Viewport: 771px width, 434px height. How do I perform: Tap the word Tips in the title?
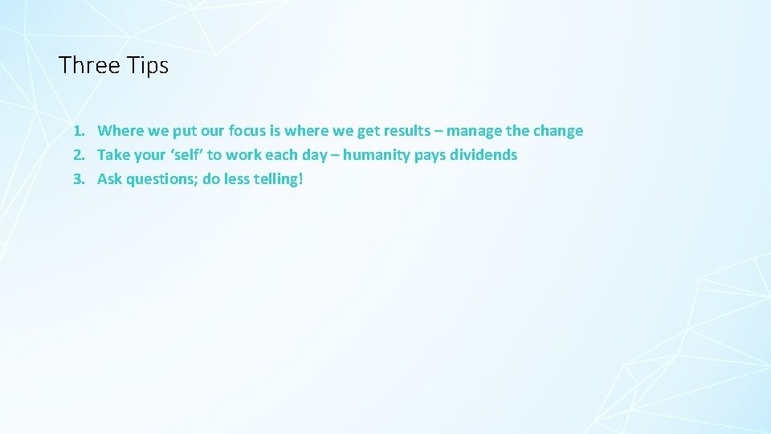point(148,65)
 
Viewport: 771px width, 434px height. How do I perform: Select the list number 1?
point(78,131)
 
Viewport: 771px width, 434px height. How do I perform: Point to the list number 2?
point(78,155)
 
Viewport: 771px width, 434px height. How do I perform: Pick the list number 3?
point(78,179)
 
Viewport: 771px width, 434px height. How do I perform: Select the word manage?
point(474,131)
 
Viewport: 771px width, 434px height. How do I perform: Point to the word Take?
point(112,155)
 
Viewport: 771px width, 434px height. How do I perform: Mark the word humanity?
point(377,155)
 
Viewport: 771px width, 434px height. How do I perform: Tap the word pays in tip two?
point(430,155)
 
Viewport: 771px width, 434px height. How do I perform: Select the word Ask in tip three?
point(110,179)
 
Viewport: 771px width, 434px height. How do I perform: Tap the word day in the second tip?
point(314,155)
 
